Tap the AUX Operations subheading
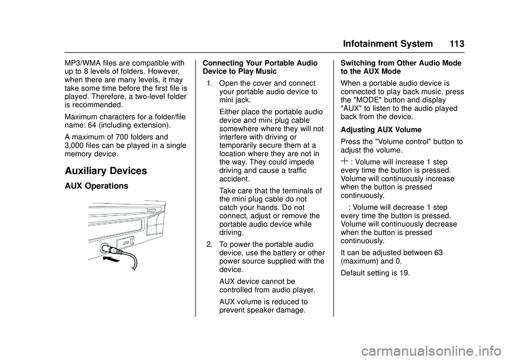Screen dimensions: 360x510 [96, 186]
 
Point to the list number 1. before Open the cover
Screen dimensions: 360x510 [211, 83]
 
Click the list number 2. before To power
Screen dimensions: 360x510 [210, 244]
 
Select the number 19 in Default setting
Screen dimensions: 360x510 [407, 273]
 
